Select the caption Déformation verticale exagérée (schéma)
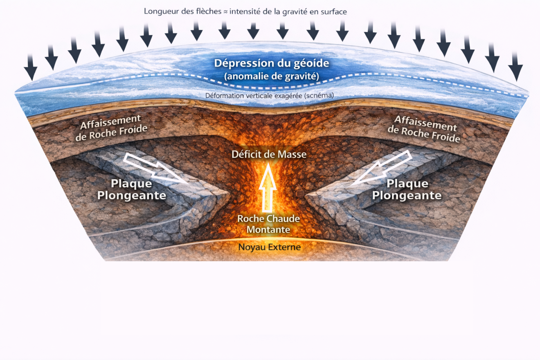(270, 95)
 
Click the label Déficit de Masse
(269, 155)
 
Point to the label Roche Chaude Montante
(269, 224)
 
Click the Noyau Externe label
(270, 247)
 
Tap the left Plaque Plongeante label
(131, 190)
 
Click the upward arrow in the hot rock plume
(268, 184)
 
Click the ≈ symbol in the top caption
(225, 11)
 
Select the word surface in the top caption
(333, 11)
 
